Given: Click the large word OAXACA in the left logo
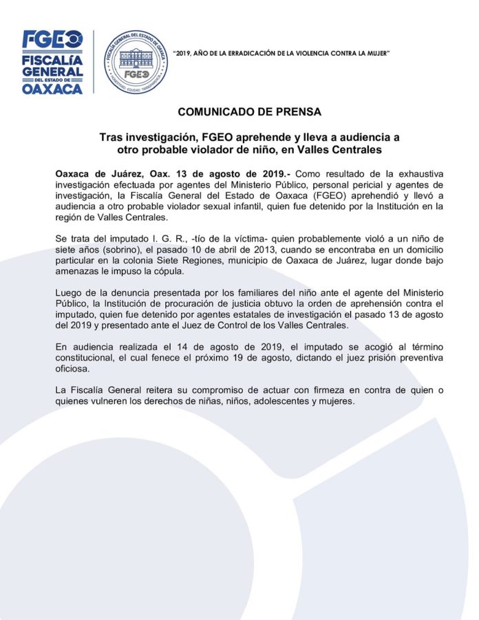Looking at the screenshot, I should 52,88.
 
